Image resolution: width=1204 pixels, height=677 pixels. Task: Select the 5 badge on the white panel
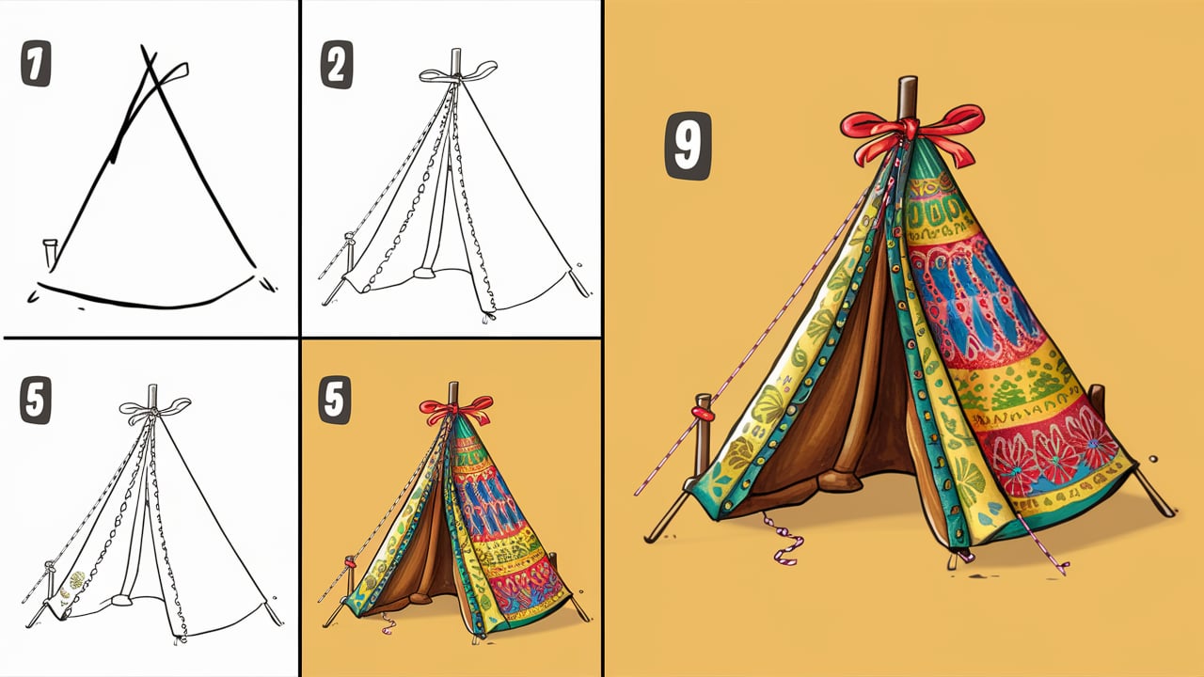[x=36, y=401]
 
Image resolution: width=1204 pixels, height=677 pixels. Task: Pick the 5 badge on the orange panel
[x=335, y=401]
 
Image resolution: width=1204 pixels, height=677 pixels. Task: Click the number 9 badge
[x=688, y=146]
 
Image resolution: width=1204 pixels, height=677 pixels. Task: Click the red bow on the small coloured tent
[x=455, y=408]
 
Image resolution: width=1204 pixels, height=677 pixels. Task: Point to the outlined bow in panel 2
[x=458, y=72]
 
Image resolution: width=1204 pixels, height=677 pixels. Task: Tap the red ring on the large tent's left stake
[x=702, y=410]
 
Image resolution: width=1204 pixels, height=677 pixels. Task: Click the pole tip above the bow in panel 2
[x=456, y=55]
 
